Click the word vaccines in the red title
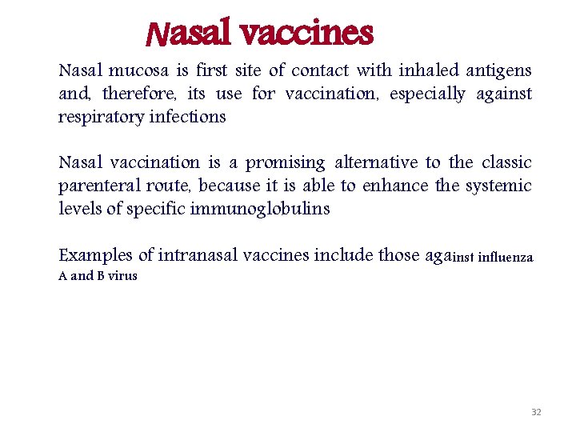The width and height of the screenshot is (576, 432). click(x=306, y=34)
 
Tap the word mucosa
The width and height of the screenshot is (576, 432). click(x=133, y=70)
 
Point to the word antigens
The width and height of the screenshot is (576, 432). click(x=501, y=71)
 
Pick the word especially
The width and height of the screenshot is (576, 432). click(x=427, y=94)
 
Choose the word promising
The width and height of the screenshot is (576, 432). click(x=285, y=163)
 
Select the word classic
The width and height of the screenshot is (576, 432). click(x=506, y=162)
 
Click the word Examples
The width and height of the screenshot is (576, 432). click(x=95, y=256)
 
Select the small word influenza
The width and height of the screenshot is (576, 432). click(x=505, y=258)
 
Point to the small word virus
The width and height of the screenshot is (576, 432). click(x=122, y=276)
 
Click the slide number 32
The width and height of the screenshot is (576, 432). click(x=536, y=412)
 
